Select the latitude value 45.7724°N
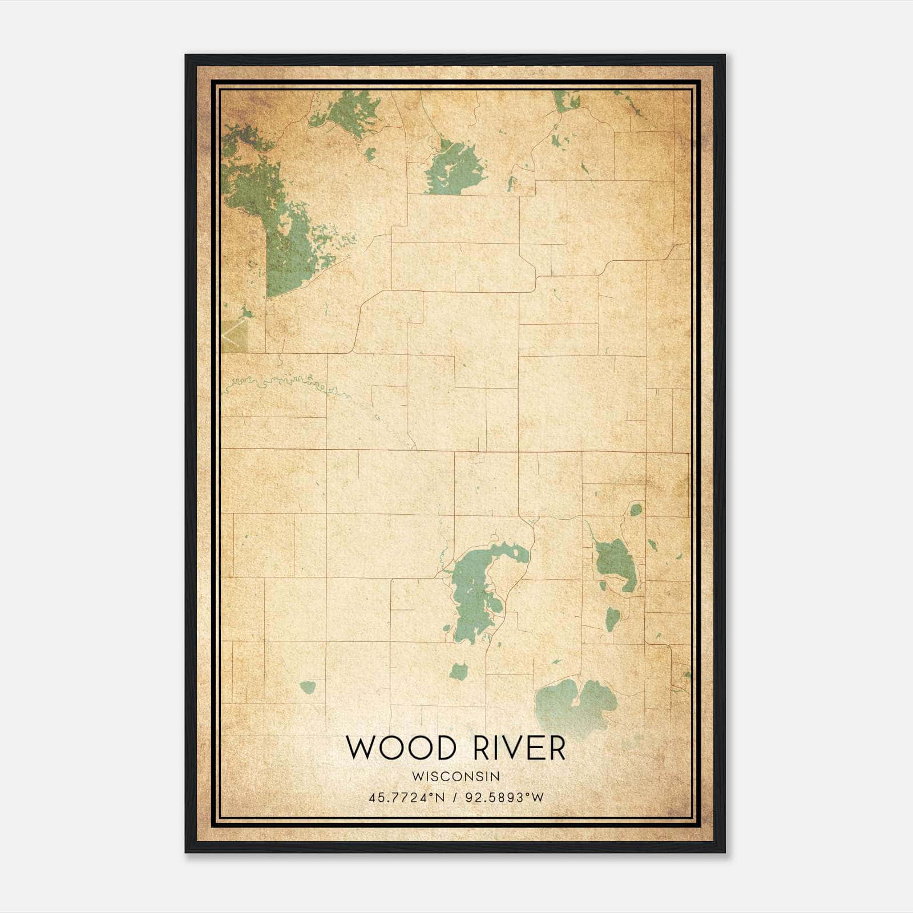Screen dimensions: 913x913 click(x=406, y=797)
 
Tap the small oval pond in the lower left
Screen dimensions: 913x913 click(x=308, y=687)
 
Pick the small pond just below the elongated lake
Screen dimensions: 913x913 click(x=459, y=672)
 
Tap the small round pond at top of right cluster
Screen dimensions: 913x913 click(x=635, y=510)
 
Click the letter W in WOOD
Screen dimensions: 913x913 click(x=361, y=748)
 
